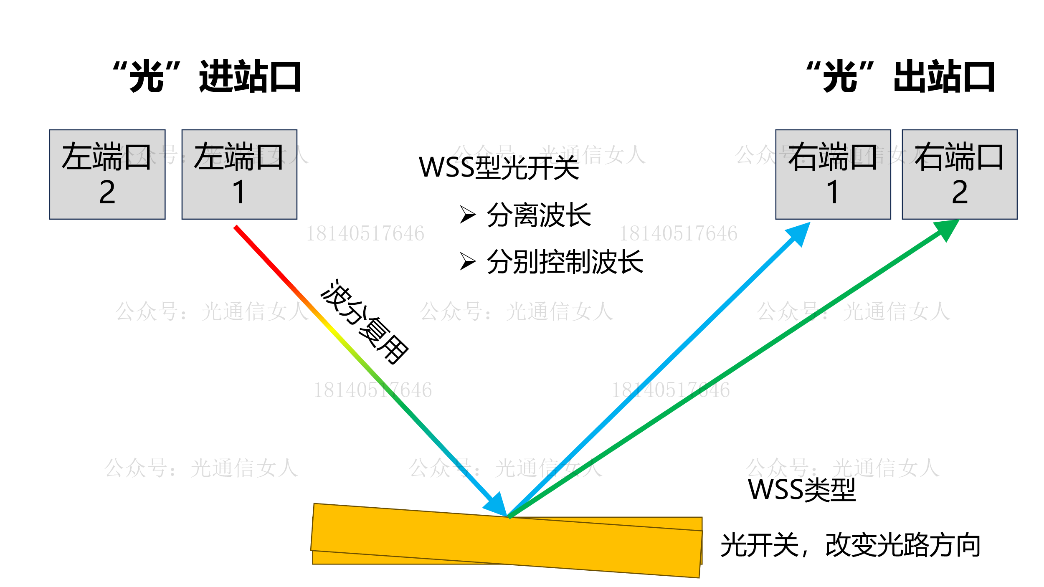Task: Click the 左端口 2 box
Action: (107, 175)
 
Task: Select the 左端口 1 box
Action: (239, 175)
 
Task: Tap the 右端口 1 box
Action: (833, 175)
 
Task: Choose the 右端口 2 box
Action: (960, 175)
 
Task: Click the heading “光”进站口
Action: (208, 76)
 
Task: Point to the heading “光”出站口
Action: (900, 76)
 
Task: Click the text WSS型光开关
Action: (499, 167)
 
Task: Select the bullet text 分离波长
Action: (539, 215)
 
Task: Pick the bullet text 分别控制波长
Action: (565, 262)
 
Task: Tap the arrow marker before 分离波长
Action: (468, 215)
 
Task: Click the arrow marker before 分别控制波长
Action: (468, 261)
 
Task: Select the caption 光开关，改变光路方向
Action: (850, 545)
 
